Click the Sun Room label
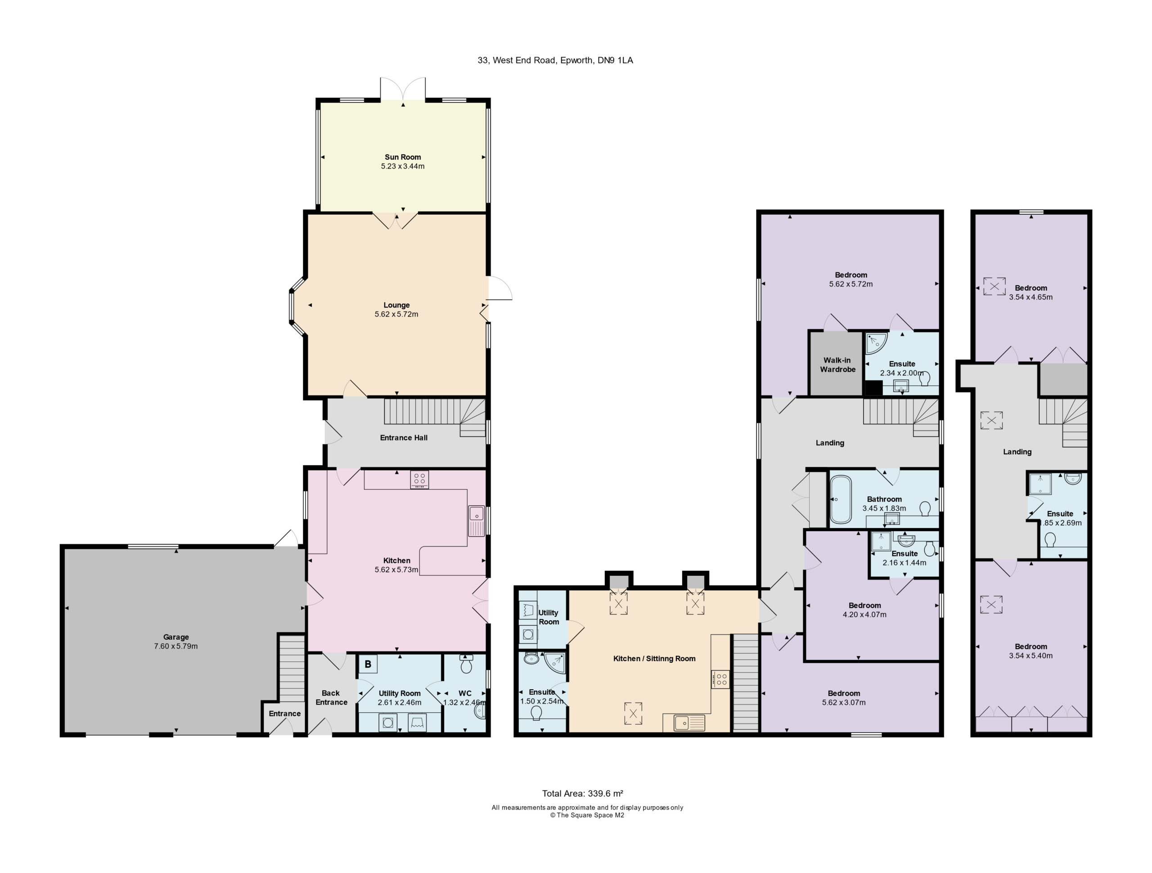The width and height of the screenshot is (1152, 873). click(403, 157)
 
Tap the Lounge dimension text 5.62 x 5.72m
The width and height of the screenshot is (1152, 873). click(396, 314)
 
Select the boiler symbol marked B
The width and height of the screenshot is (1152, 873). click(368, 664)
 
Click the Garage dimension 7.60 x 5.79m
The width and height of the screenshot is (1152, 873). click(176, 646)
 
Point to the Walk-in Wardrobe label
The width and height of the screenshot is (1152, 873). click(837, 365)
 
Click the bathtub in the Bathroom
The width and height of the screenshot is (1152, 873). click(840, 499)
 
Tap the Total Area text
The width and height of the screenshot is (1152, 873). click(583, 794)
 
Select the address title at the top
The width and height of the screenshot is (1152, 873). click(555, 60)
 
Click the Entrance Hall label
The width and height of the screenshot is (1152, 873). click(404, 438)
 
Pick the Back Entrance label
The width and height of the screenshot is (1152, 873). click(331, 697)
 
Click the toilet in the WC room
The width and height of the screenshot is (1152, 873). click(466, 664)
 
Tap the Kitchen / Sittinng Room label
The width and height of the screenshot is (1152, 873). click(654, 659)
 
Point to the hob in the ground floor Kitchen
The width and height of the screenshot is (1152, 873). click(419, 479)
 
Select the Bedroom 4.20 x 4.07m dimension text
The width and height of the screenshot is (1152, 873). click(864, 615)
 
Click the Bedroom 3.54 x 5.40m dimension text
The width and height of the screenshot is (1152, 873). click(1030, 656)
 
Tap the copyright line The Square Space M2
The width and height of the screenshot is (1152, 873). click(587, 815)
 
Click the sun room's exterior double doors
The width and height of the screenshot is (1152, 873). click(403, 89)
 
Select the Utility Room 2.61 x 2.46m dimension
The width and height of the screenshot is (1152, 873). click(400, 702)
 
